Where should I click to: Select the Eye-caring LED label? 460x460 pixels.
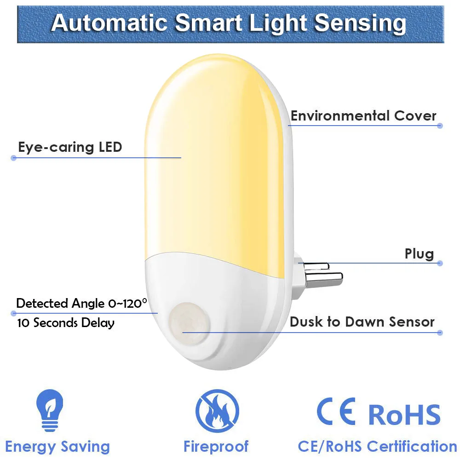70,147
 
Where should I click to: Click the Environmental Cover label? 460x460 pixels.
363,115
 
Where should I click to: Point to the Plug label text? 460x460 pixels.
419,253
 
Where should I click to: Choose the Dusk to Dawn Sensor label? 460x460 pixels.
362,322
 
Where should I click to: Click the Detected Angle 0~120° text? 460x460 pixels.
81,303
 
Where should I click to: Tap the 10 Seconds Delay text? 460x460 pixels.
65,322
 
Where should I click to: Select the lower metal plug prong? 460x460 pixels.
324,277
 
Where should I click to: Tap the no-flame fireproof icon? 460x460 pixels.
217,411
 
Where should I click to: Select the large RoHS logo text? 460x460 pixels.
404,414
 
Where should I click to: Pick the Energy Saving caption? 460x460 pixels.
57,446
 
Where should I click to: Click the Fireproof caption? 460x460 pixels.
216,446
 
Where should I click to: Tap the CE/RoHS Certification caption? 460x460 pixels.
377,446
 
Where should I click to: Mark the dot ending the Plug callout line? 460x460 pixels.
440,264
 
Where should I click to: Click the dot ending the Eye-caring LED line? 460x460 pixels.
13,158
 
